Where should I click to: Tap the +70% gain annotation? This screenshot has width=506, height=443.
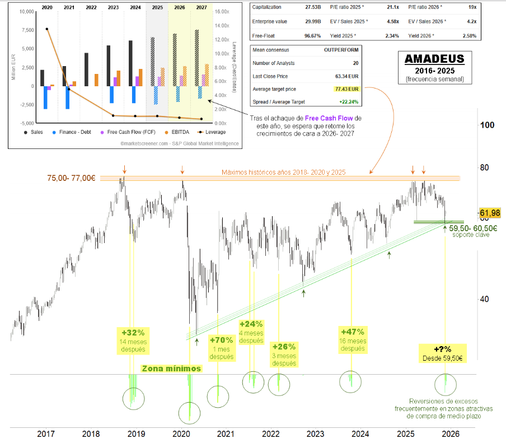click(221, 339)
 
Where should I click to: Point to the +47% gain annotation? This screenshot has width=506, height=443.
click(353, 331)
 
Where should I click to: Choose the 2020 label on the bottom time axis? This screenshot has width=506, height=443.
click(181, 433)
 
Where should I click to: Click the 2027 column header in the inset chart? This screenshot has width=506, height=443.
click(201, 8)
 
